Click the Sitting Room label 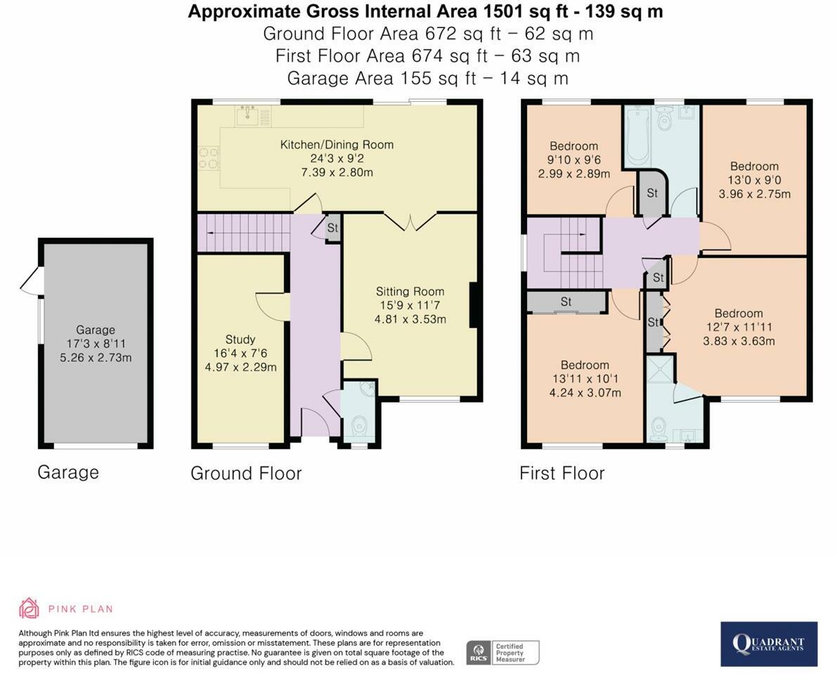pyautogui.click(x=410, y=292)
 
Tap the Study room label pyautogui.click(x=240, y=339)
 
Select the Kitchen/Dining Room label pyautogui.click(x=337, y=145)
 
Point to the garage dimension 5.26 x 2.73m pyautogui.click(x=96, y=358)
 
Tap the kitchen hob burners pyautogui.click(x=209, y=159)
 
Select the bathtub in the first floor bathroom pyautogui.click(x=636, y=136)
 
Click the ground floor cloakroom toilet pyautogui.click(x=360, y=427)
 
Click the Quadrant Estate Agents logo pyautogui.click(x=769, y=644)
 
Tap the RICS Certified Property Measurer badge pyautogui.click(x=503, y=653)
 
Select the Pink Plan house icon pyautogui.click(x=29, y=609)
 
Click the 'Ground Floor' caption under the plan pyautogui.click(x=246, y=474)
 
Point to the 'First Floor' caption pyautogui.click(x=562, y=474)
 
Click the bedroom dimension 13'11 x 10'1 pyautogui.click(x=585, y=379)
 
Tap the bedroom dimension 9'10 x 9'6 pyautogui.click(x=574, y=160)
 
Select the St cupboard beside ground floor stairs pyautogui.click(x=332, y=228)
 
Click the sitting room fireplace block pyautogui.click(x=473, y=305)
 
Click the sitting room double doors pyautogui.click(x=410, y=221)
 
